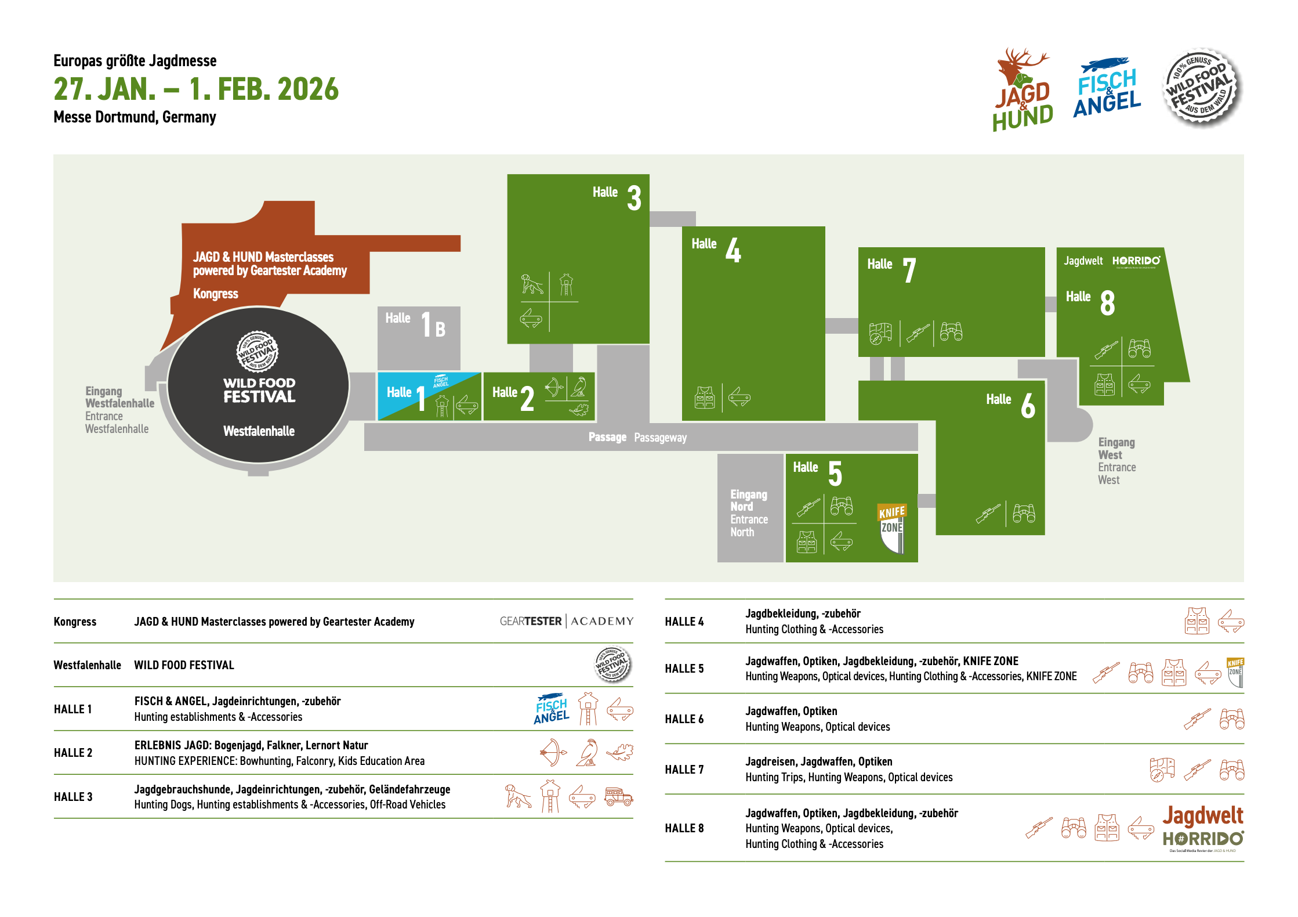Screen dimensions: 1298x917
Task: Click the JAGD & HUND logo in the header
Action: (1023, 90)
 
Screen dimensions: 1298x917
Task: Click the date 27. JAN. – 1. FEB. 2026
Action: (196, 89)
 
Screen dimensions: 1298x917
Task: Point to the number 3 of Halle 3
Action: (634, 198)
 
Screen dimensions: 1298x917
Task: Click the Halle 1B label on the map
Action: (415, 324)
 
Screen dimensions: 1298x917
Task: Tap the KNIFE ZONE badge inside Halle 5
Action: (892, 528)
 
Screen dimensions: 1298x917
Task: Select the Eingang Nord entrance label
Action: (749, 513)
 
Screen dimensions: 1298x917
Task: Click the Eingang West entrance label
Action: (1116, 461)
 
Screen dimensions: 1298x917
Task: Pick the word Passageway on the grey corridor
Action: (660, 438)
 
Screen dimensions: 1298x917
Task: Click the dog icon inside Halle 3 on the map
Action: (531, 284)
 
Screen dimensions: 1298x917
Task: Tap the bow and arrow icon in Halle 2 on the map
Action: (554, 387)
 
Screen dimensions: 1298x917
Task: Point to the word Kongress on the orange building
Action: (215, 294)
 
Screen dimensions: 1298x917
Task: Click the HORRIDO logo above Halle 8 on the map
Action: (1136, 261)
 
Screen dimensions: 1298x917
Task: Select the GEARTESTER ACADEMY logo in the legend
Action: (566, 621)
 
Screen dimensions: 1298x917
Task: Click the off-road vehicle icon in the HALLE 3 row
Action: (618, 796)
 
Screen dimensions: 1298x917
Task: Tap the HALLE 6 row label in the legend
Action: (684, 719)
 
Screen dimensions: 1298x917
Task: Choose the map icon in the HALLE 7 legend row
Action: (1162, 770)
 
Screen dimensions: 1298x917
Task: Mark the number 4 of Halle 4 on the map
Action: (733, 250)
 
